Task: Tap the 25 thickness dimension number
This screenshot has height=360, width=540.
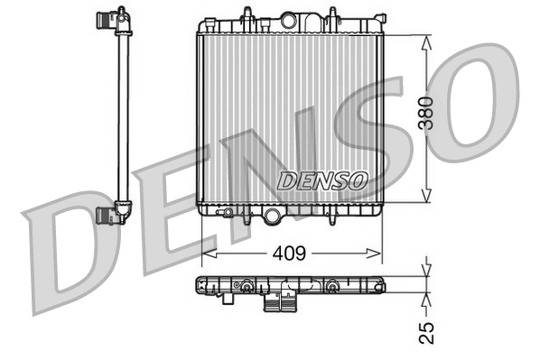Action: coord(431,331)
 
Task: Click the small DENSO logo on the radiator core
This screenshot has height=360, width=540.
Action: coord(322,180)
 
